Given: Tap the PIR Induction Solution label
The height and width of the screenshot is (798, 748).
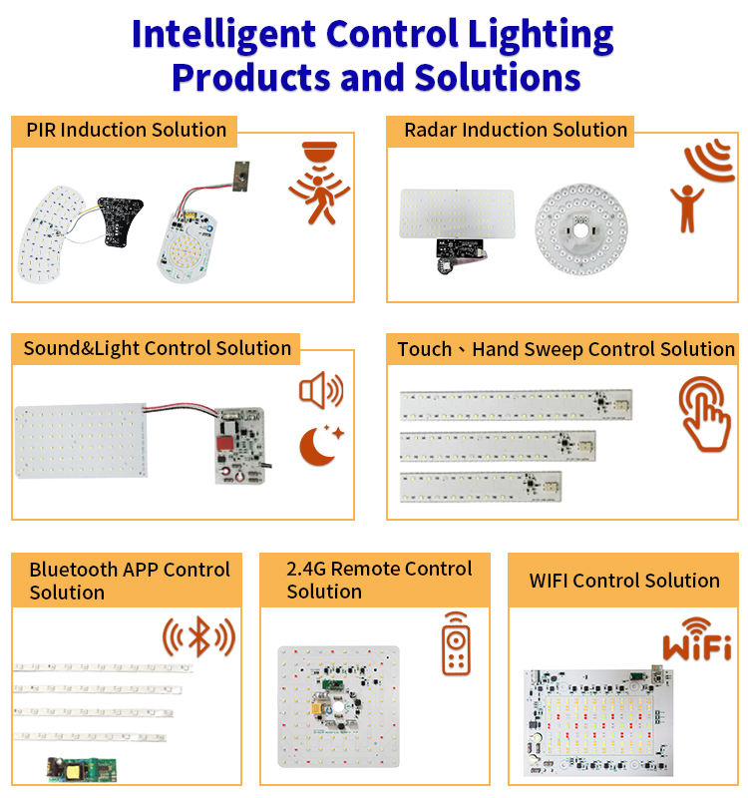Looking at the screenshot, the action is pyautogui.click(x=127, y=131).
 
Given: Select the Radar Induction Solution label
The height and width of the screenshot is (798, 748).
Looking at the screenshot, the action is pyautogui.click(x=515, y=131).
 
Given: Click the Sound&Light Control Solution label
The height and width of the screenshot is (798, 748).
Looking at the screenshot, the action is pyautogui.click(x=157, y=349).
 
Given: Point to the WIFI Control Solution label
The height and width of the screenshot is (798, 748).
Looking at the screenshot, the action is pyautogui.click(x=624, y=581).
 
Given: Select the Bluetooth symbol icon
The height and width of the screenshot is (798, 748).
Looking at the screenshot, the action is pyautogui.click(x=198, y=635).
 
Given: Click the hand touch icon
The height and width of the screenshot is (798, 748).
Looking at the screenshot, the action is pyautogui.click(x=705, y=414).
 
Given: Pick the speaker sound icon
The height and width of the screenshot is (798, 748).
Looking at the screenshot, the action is pyautogui.click(x=320, y=390).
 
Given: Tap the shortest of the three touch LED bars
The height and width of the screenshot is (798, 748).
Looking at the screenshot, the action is pyautogui.click(x=480, y=486).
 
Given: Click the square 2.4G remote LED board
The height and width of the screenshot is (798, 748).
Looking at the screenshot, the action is pyautogui.click(x=339, y=710).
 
